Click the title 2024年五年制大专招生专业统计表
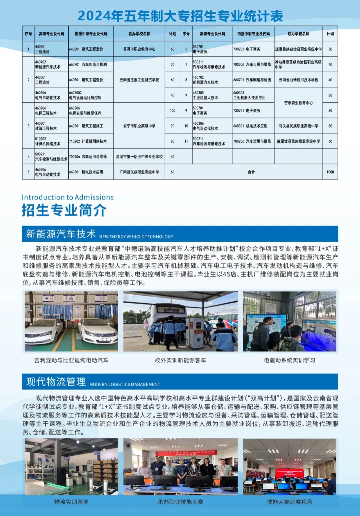tap(180, 16)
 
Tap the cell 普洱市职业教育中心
tap(139, 49)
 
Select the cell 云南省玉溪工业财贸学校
tap(139, 80)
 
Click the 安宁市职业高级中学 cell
tap(139, 126)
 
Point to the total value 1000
tap(330, 172)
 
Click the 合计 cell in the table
tap(251, 172)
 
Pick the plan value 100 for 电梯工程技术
tap(172, 111)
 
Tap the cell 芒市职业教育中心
tap(298, 103)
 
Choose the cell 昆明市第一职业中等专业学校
tap(139, 157)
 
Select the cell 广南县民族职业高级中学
tap(139, 172)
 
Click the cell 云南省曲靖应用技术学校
tap(298, 80)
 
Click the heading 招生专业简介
tap(64, 210)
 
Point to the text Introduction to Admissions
tap(68, 197)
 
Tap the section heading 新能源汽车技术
tap(61, 234)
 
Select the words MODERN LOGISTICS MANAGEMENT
tap(125, 385)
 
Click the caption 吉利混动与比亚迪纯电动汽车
tap(71, 360)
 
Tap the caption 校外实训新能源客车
tap(180, 360)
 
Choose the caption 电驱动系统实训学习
tap(289, 360)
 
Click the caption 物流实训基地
tap(71, 502)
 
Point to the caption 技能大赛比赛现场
tap(289, 502)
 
